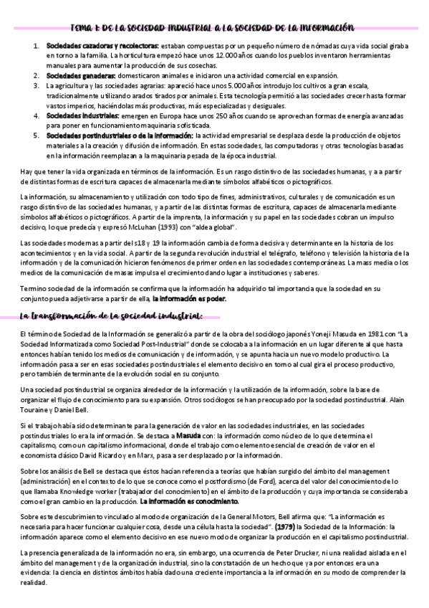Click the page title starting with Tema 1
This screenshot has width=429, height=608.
pyautogui.click(x=213, y=27)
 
